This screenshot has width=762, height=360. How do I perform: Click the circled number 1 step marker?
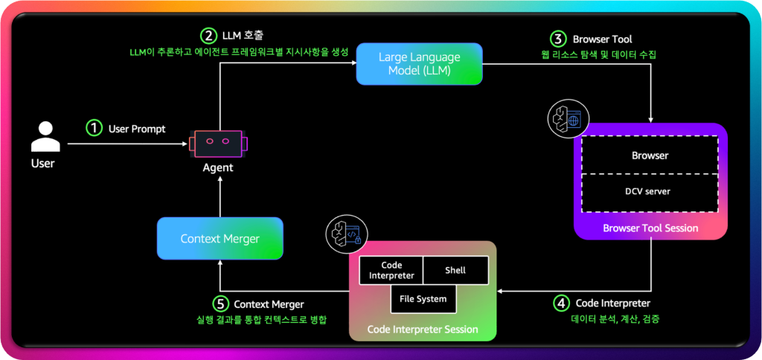pos(94,128)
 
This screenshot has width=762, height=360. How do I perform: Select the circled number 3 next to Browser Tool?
pos(557,39)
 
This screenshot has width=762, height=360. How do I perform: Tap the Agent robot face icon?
pos(218,141)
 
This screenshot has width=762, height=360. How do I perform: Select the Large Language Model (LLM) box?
pos(419,64)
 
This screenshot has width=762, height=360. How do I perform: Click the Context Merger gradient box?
pos(220,239)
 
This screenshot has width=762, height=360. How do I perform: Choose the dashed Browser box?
pos(650,155)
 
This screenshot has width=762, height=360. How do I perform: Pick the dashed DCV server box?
pos(650,191)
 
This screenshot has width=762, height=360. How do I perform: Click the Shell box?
pos(455,271)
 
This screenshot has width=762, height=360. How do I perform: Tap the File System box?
pos(423,299)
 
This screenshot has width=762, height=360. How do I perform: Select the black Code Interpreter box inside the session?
pos(391,271)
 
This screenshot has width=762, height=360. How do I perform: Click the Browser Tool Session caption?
pos(650,228)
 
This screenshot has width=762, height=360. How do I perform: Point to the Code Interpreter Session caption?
pos(423,329)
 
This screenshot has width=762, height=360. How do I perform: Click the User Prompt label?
pos(137,129)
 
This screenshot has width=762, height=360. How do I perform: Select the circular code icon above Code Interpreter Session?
pos(342,233)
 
